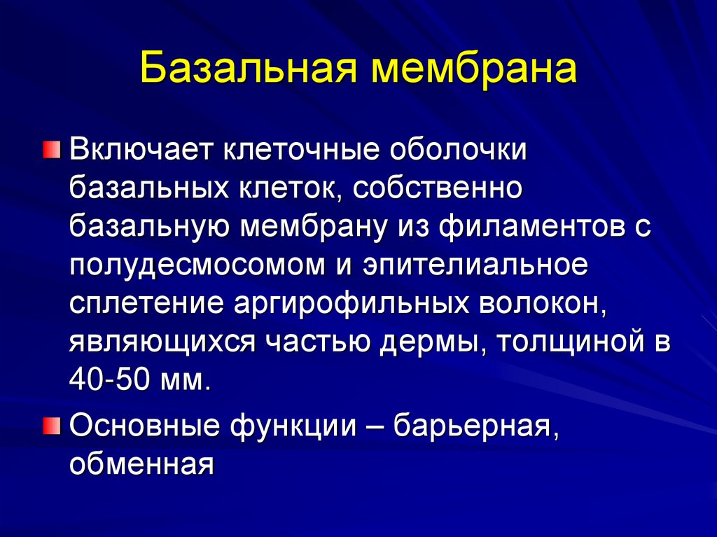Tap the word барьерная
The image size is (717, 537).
pyautogui.click(x=475, y=426)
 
